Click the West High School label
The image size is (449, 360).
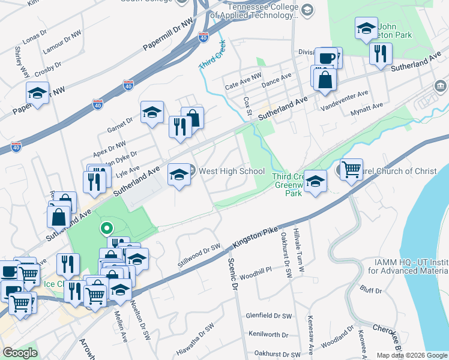coord(232,172)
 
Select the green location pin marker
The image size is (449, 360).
coord(106,228)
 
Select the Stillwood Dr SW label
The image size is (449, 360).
coord(200,255)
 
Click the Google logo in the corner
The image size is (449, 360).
coord(19,353)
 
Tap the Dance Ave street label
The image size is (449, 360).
coord(277,79)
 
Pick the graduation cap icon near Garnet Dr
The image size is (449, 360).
coord(152,112)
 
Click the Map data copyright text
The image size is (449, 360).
coord(411,355)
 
